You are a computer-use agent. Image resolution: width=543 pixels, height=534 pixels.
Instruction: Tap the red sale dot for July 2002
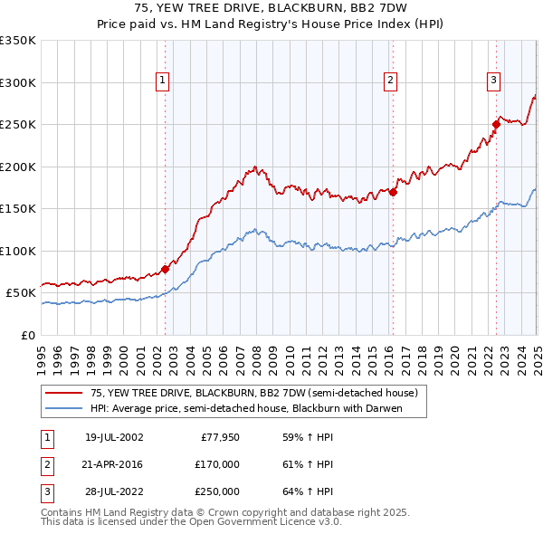(x=166, y=269)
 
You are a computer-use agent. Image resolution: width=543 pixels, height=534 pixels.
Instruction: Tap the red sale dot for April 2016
(x=394, y=192)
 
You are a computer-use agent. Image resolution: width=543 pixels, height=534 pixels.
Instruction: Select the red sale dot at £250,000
(x=497, y=124)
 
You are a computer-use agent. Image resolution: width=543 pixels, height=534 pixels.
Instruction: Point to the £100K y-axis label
(x=18, y=251)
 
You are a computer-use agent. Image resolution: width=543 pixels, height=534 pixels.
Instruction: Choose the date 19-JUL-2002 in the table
(x=114, y=437)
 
